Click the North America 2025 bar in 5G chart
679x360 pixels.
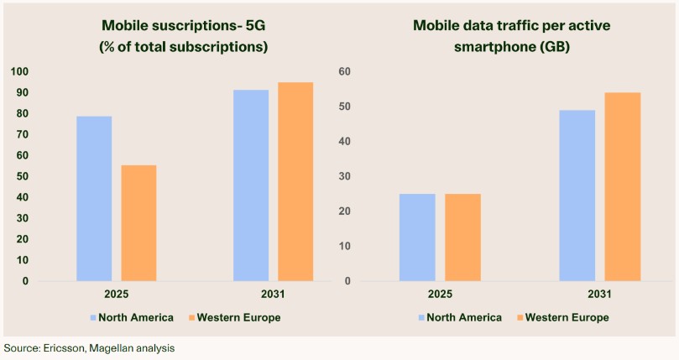click(x=94, y=198)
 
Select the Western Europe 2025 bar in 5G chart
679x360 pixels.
click(x=138, y=222)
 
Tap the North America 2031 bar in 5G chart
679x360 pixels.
click(x=251, y=185)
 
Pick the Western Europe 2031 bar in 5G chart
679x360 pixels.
click(x=295, y=181)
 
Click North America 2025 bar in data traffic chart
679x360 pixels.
click(x=417, y=237)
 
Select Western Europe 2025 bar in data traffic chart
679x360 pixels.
click(x=462, y=237)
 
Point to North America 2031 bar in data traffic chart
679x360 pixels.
click(x=577, y=196)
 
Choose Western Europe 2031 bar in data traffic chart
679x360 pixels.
click(x=623, y=186)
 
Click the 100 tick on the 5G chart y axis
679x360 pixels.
click(x=19, y=71)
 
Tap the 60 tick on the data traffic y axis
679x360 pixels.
click(x=343, y=71)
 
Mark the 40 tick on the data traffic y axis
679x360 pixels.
click(x=343, y=141)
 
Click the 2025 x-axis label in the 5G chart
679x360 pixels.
click(x=117, y=295)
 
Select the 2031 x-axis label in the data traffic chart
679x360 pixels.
click(x=599, y=295)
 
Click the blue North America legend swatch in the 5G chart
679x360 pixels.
click(x=92, y=317)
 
